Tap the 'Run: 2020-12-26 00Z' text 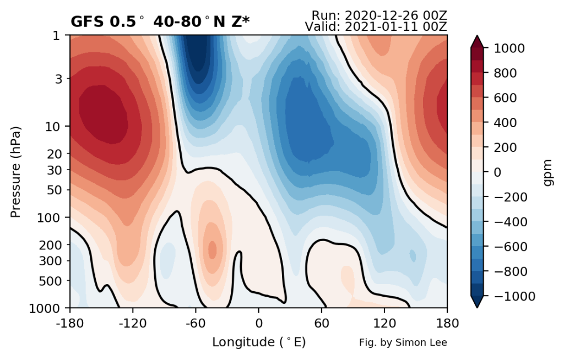378,15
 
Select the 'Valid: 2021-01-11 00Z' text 375,26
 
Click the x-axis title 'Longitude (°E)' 259,342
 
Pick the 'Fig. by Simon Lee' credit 403,342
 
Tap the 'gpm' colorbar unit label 547,172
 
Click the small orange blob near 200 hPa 211,249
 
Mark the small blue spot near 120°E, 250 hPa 413,255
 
